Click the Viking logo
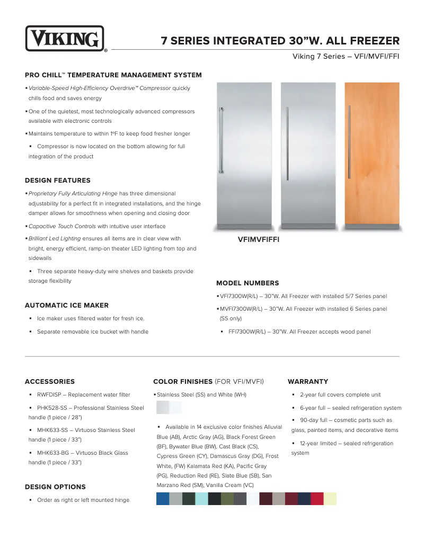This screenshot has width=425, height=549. pos(65,39)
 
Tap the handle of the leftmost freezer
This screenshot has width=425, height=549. pos(220,143)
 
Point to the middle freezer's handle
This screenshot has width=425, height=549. pos(287,143)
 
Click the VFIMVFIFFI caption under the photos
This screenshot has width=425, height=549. pos(259,239)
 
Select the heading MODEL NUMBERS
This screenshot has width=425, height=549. pos(247,283)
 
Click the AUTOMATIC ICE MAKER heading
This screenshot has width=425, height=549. pos(67,305)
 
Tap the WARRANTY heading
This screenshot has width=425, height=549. pos(308,381)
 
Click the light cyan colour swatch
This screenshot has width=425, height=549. pos(201,499)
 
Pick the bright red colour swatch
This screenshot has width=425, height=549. pos(317,499)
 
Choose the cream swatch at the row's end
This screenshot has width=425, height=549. pos(330,499)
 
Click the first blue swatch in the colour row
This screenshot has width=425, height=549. pos(163,499)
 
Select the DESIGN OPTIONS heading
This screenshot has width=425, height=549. pos(55,487)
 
